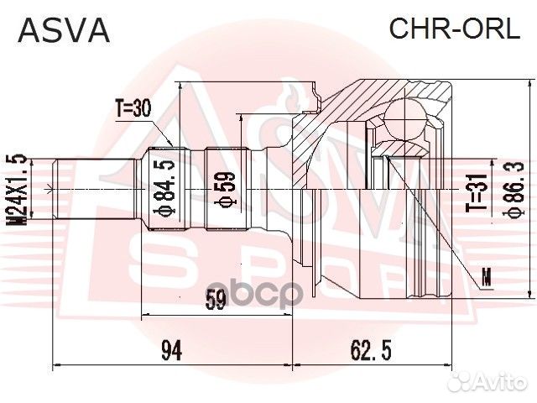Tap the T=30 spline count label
click(x=135, y=108)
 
